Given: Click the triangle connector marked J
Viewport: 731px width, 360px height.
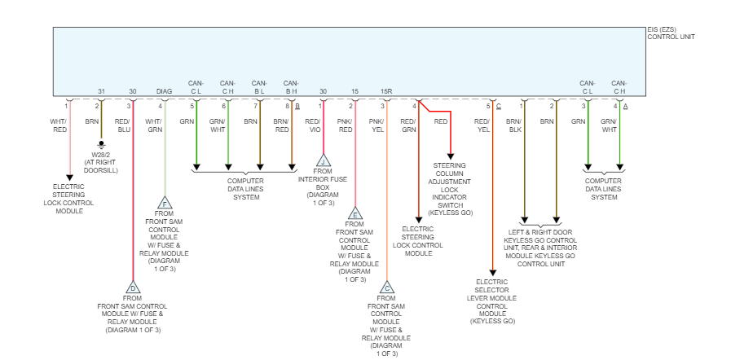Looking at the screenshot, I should point(324,160).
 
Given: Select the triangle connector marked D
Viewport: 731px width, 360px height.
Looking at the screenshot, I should point(133,288).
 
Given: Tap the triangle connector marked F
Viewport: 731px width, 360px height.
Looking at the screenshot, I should point(165,203).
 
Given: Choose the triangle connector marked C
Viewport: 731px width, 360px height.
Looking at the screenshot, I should point(387,288).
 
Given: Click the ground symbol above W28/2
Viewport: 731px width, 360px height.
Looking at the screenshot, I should point(101,145).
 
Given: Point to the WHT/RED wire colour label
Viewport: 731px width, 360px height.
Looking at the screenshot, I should point(59,125).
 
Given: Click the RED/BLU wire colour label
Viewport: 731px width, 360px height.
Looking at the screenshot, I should point(123,125).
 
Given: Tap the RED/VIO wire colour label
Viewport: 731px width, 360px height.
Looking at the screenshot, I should point(312,125).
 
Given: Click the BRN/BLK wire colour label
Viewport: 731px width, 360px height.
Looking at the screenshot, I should point(513,125).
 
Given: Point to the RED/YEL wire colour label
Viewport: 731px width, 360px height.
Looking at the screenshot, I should point(483,125).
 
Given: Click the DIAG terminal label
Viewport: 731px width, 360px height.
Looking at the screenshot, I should point(165,91).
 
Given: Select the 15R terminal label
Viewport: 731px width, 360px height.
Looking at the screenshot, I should point(386,91).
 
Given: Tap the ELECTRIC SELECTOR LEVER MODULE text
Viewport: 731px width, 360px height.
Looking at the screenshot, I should point(492,301).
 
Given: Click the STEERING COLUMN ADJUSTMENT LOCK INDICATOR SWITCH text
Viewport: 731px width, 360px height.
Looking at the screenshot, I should point(451,188).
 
